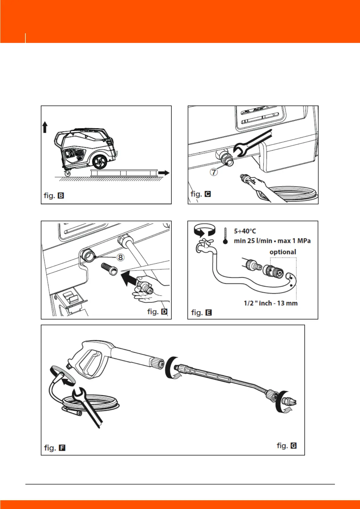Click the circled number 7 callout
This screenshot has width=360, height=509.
pyautogui.click(x=214, y=172)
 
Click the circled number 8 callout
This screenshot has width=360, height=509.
pyautogui.click(x=120, y=257)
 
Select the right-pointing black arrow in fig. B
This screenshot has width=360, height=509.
pyautogui.click(x=164, y=173)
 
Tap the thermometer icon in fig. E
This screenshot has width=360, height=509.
pyautogui.click(x=225, y=236)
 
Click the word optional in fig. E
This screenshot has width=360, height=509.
pyautogui.click(x=283, y=252)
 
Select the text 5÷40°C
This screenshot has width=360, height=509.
pyautogui.click(x=245, y=231)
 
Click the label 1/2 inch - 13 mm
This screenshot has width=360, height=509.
pyautogui.click(x=271, y=303)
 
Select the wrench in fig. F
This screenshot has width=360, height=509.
pyautogui.click(x=88, y=405)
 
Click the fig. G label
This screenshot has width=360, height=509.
pyautogui.click(x=287, y=446)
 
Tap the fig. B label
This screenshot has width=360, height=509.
pyautogui.click(x=54, y=196)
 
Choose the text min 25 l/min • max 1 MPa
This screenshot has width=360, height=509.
pyautogui.click(x=272, y=241)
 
